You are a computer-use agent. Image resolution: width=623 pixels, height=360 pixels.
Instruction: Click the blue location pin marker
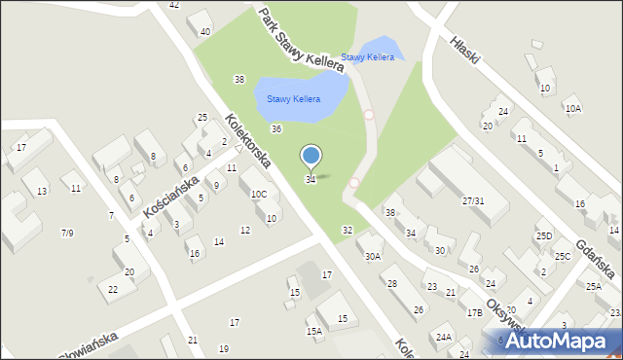pyautogui.click(x=311, y=156)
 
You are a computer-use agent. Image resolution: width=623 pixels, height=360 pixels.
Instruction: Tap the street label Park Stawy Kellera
pyautogui.click(x=301, y=40)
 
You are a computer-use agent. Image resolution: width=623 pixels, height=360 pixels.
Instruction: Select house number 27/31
pyautogui.click(x=473, y=200)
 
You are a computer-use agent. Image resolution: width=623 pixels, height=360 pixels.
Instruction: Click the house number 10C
pyautogui.click(x=258, y=195)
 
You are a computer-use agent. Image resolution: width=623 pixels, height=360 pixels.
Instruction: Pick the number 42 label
pyautogui.click(x=173, y=5)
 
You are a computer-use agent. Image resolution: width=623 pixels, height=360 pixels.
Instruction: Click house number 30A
pyautogui.click(x=372, y=256)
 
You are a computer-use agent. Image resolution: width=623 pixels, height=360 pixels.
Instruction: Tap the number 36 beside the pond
pyautogui.click(x=276, y=128)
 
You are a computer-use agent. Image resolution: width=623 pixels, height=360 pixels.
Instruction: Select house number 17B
pyautogui.click(x=474, y=312)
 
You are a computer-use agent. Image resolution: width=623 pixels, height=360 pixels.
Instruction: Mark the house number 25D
pyautogui.click(x=543, y=236)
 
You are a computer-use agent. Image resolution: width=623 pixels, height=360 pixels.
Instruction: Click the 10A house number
pyautogui.click(x=572, y=108)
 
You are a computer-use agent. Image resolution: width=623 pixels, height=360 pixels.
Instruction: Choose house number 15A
pyautogui.click(x=313, y=331)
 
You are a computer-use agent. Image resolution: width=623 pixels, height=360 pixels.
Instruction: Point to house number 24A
pyautogui.click(x=444, y=337)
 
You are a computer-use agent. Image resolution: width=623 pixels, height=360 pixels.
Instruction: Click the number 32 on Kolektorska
pyautogui.click(x=347, y=230)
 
